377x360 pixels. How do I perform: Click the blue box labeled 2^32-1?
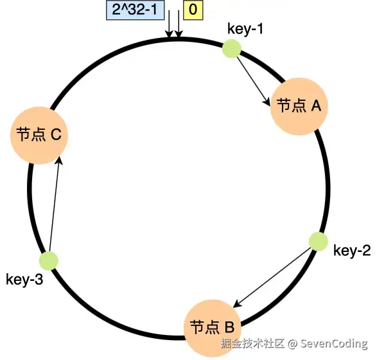point(136,10)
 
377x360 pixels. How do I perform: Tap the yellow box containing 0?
point(193,10)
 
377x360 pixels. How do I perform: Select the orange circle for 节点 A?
point(299,106)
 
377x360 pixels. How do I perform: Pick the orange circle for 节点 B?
point(213,328)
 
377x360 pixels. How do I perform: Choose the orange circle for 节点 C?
point(39,135)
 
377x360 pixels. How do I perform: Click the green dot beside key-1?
point(232,49)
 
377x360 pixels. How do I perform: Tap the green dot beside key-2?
point(319,242)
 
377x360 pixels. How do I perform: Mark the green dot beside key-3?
point(49,260)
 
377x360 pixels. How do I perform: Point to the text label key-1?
point(245,30)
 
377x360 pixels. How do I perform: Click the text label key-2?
point(352,251)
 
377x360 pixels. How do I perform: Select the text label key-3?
point(24,280)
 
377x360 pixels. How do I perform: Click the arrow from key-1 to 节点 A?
point(254,82)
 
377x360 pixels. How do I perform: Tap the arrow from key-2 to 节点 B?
point(271,278)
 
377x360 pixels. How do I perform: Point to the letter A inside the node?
point(316,106)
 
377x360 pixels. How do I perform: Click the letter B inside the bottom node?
point(229,327)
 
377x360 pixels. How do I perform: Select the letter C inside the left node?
point(56,134)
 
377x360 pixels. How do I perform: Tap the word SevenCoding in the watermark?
point(334,344)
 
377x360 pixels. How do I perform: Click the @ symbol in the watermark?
point(292,344)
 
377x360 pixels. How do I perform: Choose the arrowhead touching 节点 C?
point(59,161)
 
